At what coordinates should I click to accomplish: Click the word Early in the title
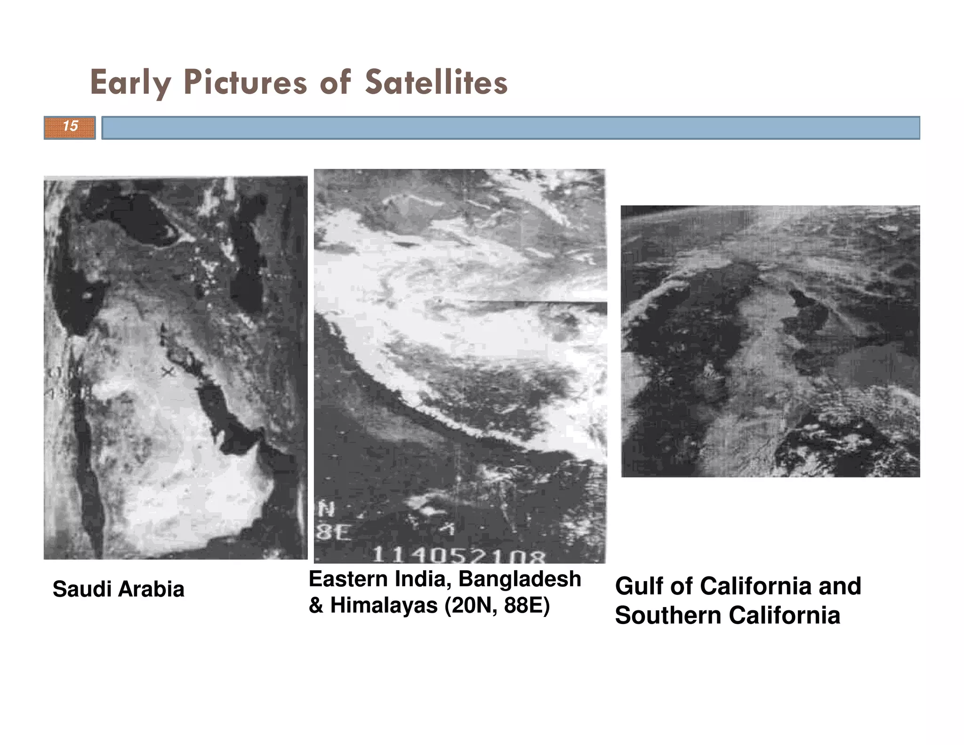click(130, 83)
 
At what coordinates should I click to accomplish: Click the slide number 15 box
click(70, 127)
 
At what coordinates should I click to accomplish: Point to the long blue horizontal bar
click(511, 128)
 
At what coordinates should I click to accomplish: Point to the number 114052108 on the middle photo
click(458, 556)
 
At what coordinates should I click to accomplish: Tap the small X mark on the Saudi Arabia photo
click(168, 372)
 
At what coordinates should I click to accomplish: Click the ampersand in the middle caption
click(316, 606)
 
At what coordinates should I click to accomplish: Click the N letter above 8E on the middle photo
click(326, 509)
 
